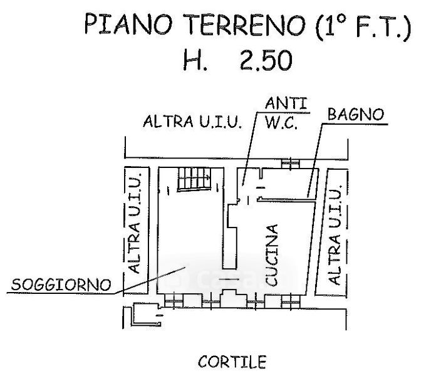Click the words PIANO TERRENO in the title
[165, 29]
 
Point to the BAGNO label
[355, 115]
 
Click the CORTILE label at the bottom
[231, 362]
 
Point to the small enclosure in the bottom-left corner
[142, 316]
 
